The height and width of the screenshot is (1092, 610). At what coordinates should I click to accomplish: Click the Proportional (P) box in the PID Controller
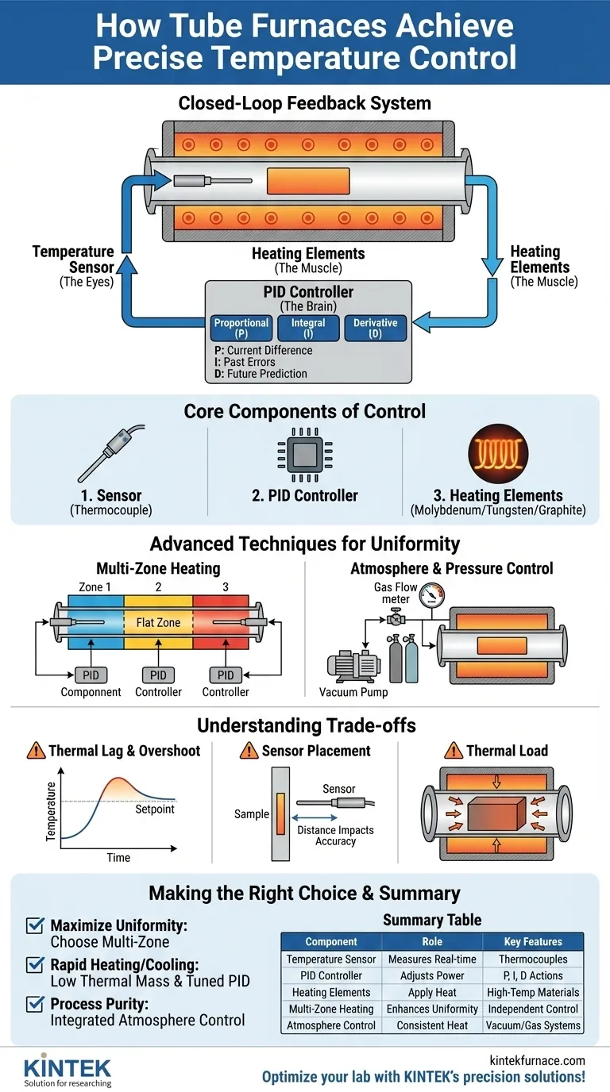click(x=241, y=329)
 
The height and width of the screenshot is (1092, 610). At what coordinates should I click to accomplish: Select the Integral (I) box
click(x=308, y=329)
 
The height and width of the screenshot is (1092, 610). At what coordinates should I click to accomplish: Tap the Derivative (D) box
click(x=375, y=329)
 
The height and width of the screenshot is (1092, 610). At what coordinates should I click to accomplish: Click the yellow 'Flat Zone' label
click(x=158, y=623)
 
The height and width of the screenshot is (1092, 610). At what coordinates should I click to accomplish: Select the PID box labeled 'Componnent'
click(x=91, y=675)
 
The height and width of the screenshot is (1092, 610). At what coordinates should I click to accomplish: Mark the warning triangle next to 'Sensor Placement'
click(x=249, y=750)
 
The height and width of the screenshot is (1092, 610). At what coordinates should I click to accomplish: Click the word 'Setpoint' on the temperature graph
click(x=154, y=809)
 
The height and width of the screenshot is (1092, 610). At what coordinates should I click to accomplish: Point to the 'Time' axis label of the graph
click(x=118, y=858)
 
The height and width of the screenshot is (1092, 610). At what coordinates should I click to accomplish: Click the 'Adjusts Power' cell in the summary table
click(x=432, y=976)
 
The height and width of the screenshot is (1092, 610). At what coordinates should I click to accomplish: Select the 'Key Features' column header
click(x=533, y=942)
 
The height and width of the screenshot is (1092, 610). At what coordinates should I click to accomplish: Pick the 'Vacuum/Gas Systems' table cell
click(x=533, y=1026)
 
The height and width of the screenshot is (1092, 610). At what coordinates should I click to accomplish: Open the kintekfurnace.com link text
click(x=539, y=1060)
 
